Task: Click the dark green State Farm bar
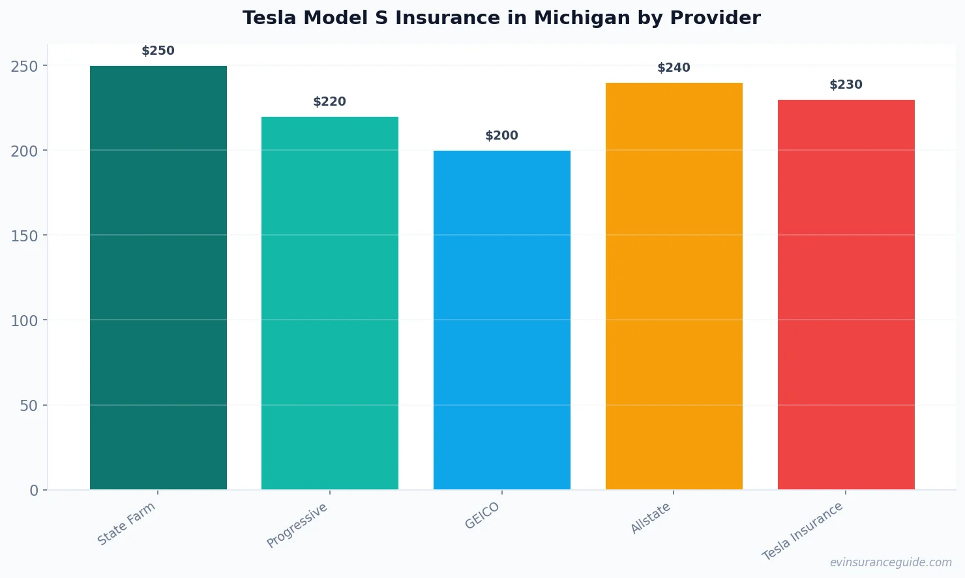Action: coord(158,277)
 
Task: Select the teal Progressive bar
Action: coord(330,303)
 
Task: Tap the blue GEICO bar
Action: coord(502,320)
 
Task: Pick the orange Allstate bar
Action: coord(674,286)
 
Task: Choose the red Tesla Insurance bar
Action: coord(846,294)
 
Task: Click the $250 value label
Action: coord(158,51)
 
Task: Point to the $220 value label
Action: coord(330,102)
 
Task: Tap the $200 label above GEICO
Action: coord(502,136)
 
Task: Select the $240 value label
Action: coord(674,68)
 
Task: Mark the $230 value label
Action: coord(846,85)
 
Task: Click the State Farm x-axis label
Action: coord(126,524)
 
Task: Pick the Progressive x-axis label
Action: coord(297,526)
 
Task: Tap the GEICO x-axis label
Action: coord(482,516)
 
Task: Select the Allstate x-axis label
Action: coord(651,519)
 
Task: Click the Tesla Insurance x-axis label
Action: coord(803,532)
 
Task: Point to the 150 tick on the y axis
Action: coord(24,236)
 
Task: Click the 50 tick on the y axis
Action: coord(29,406)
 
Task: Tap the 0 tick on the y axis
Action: coord(34,491)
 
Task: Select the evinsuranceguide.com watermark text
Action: coord(891,562)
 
